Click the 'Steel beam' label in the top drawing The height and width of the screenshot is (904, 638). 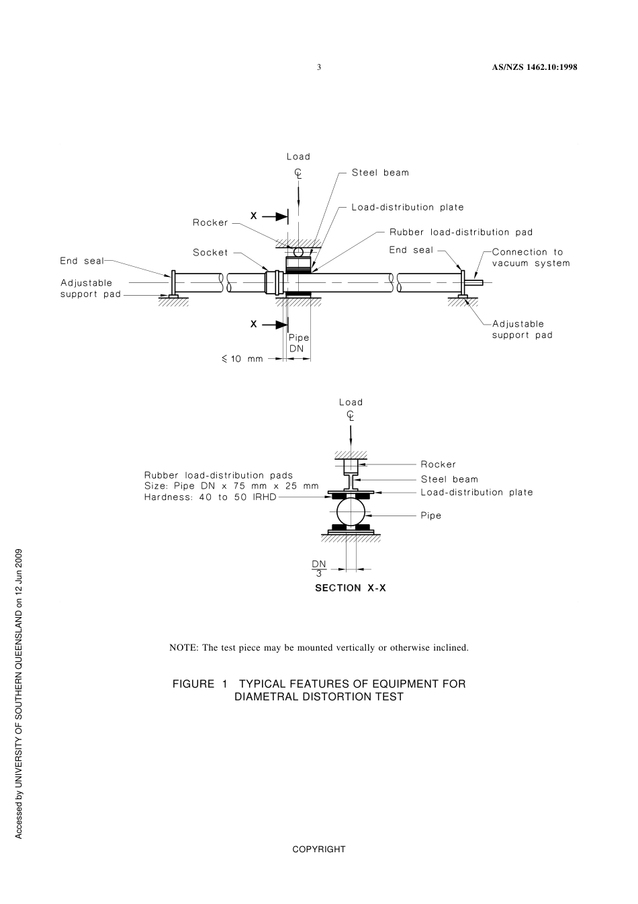point(380,173)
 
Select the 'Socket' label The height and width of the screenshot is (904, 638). point(210,253)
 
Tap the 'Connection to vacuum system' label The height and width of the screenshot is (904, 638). point(531,257)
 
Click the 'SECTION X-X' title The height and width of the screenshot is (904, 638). point(351,588)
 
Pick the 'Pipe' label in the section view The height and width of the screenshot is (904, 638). point(431,516)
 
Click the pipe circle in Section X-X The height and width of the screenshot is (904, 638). point(351,513)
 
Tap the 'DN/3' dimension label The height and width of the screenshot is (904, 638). point(319,569)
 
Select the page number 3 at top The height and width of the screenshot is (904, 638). point(319,67)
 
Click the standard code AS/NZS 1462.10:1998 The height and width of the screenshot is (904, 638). point(535,67)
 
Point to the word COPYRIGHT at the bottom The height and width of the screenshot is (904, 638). point(319,850)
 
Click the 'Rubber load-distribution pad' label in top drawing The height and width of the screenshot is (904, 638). point(461,233)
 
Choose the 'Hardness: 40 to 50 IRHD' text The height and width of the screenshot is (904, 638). point(210,497)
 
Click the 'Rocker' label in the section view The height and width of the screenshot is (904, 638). point(438,464)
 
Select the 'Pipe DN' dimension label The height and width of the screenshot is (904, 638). point(299,343)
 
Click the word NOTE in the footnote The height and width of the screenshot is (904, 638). point(182,648)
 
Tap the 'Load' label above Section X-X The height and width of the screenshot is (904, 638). point(351,403)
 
